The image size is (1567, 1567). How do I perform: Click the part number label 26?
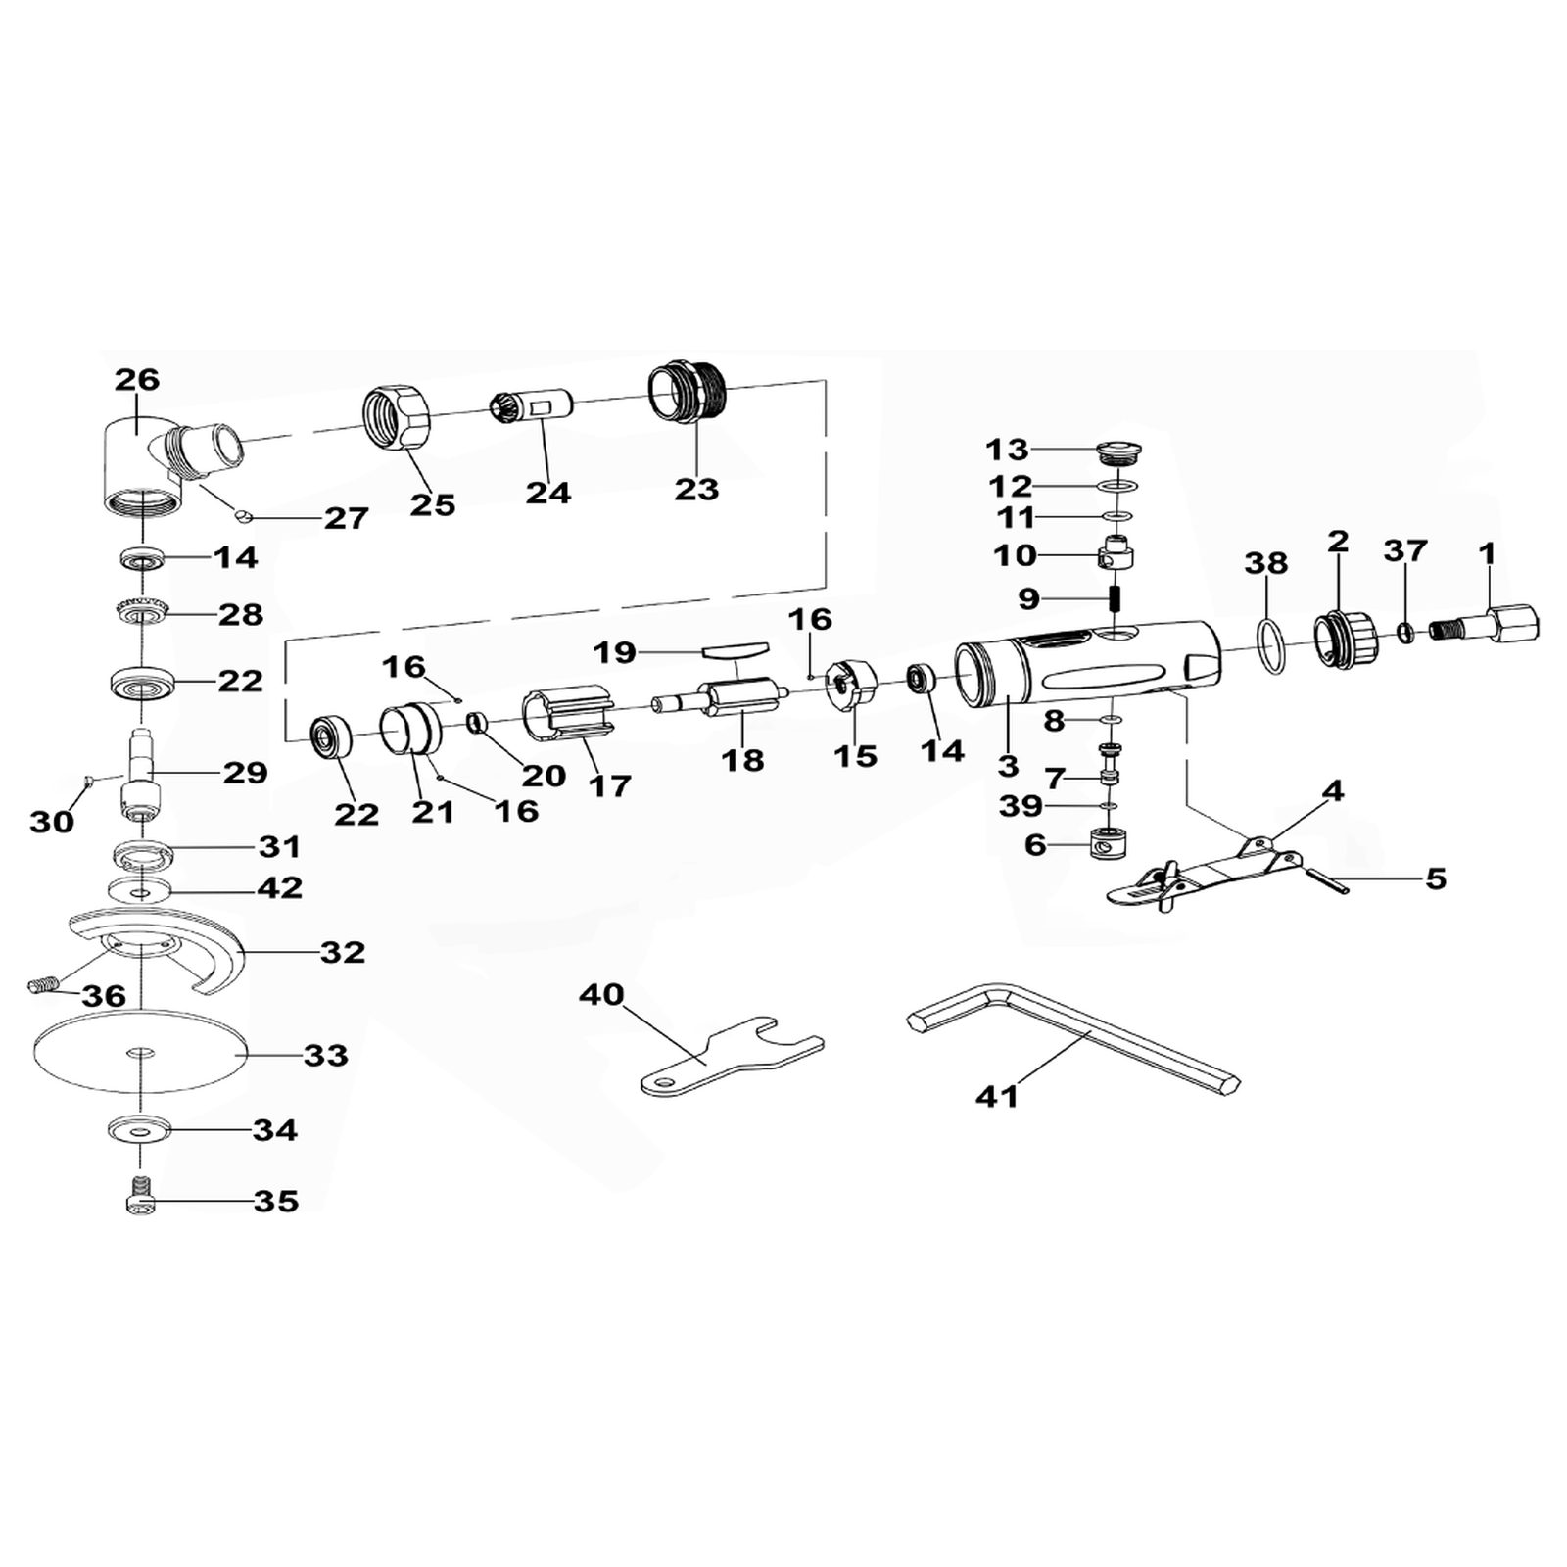coord(137,379)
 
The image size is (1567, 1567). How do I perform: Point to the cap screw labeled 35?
coord(142,1195)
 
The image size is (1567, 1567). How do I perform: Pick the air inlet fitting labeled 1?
coord(1484,623)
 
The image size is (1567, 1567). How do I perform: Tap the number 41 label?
coord(997,1097)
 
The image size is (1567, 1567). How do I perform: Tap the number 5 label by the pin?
coord(1436,878)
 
